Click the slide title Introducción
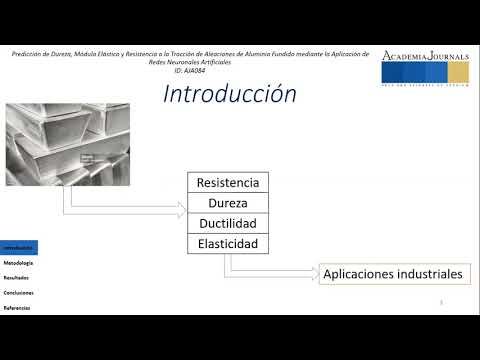[x=230, y=94]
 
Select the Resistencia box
[x=228, y=183]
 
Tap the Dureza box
[x=228, y=203]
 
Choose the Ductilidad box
[x=228, y=223]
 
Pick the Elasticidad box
[x=228, y=243]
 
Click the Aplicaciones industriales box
[x=393, y=273]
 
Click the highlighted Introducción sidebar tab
[x=18, y=247]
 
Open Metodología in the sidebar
[x=18, y=262]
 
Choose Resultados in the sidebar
[x=16, y=277]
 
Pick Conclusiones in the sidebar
[x=18, y=292]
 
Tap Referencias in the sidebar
[x=17, y=307]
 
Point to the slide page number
[x=441, y=300]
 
